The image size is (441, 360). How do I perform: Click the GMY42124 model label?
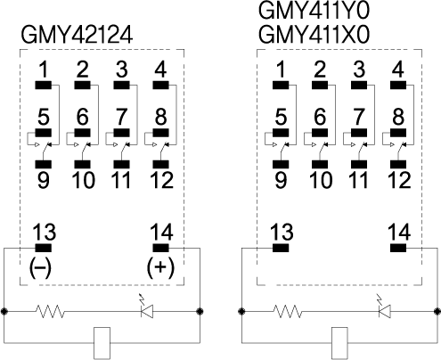[x=77, y=35]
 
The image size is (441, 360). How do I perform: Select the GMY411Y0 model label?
[x=314, y=11]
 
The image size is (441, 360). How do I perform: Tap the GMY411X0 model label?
[x=314, y=35]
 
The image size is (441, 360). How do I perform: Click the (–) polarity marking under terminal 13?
[x=40, y=266]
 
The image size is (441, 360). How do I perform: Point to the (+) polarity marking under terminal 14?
[x=160, y=266]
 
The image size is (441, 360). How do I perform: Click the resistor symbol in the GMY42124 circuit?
[x=50, y=311]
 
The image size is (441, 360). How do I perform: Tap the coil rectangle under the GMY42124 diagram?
[x=102, y=343]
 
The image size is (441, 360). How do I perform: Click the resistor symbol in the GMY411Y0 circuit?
[x=288, y=311]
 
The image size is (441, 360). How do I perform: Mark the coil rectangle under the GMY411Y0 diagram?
[x=339, y=343]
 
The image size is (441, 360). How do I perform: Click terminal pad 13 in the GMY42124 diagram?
[x=44, y=248]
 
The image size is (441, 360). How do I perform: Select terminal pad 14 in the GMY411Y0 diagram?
[x=398, y=248]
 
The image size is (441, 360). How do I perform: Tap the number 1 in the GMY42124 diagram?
[x=44, y=70]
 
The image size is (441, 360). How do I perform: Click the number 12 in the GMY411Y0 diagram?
[x=399, y=180]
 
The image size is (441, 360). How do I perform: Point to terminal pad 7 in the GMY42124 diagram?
[x=121, y=133]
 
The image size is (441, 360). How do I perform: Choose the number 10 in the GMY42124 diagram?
[x=84, y=180]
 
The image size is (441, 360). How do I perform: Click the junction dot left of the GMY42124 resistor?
[x=4, y=311]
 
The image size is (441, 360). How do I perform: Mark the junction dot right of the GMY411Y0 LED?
[x=437, y=311]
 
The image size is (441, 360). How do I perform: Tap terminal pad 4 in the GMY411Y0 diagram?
[x=398, y=86]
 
